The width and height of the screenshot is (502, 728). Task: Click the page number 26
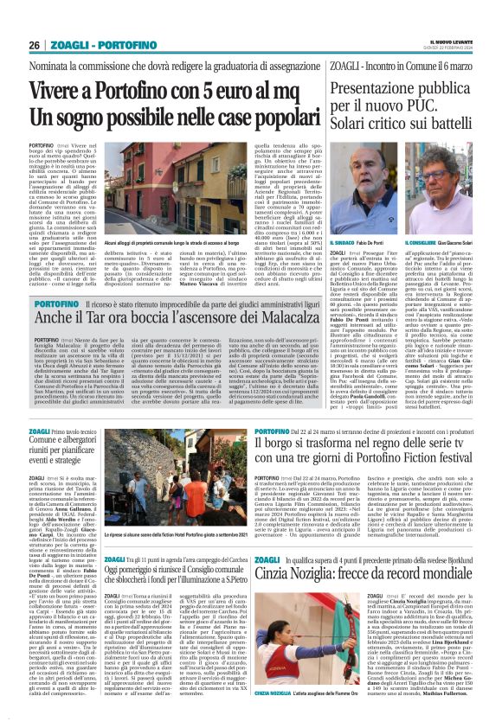click(34, 44)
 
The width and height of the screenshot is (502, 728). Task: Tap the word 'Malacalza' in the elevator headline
click(278, 325)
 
